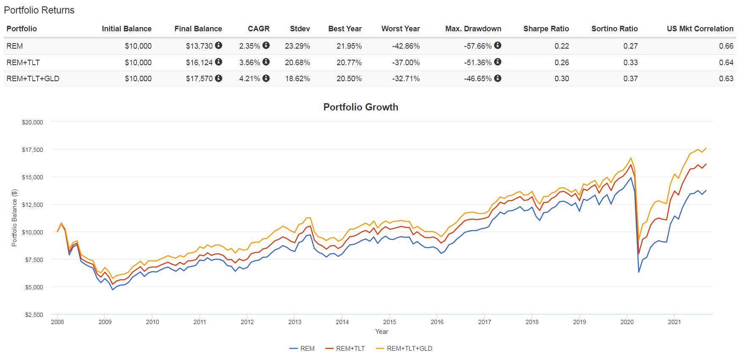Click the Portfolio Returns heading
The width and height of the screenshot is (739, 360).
click(39, 10)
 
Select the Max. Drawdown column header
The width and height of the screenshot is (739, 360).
click(473, 29)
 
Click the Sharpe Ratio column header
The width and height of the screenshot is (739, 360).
click(546, 29)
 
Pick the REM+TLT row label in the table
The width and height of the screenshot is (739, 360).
click(23, 63)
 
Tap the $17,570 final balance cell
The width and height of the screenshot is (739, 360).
click(199, 79)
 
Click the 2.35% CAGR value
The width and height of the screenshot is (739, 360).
click(249, 46)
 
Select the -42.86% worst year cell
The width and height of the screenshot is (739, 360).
click(405, 46)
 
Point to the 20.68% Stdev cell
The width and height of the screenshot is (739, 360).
click(297, 63)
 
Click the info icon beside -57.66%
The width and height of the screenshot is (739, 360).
click(498, 45)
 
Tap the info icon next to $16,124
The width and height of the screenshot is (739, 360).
click(218, 62)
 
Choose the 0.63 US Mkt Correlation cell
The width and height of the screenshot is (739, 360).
click(726, 79)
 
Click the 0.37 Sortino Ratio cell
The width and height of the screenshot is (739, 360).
click(630, 79)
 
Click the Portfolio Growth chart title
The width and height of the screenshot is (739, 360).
click(361, 107)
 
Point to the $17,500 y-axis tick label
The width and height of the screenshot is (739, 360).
click(33, 150)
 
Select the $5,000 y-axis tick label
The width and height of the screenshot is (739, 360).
click(34, 287)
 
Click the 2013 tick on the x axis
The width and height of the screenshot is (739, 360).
click(295, 322)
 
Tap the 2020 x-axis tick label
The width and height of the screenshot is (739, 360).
click(627, 322)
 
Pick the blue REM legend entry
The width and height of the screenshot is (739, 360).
click(302, 349)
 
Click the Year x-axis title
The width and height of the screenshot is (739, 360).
click(381, 332)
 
